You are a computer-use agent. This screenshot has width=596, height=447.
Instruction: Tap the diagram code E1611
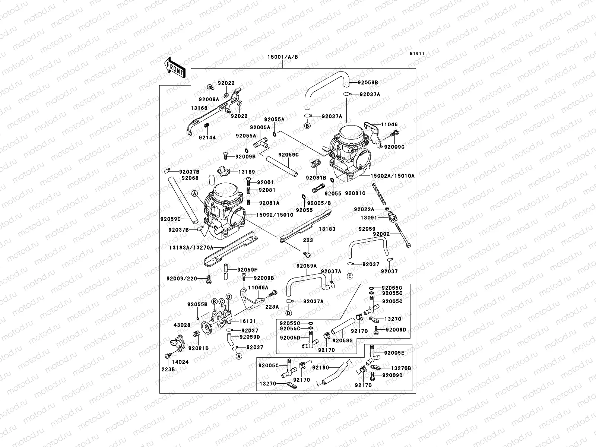coord(418,54)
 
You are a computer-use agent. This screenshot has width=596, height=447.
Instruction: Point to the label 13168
coord(199,108)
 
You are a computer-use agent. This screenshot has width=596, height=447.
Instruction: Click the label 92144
coord(207,137)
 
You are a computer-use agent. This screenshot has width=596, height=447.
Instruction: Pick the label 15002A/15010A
coord(392,175)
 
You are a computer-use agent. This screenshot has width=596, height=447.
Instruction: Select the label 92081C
coord(355,193)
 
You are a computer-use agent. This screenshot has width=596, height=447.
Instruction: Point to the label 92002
coord(381,234)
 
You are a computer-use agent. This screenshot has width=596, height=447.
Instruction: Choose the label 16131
coord(247,320)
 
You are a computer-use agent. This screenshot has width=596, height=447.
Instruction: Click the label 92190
coord(321,367)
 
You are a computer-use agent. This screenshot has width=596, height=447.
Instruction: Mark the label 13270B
coord(401,368)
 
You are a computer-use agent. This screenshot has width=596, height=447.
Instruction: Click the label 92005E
coord(394,352)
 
